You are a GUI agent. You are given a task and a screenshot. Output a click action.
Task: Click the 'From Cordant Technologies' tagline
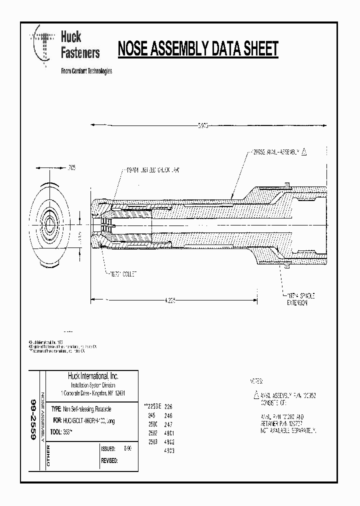point(86,71)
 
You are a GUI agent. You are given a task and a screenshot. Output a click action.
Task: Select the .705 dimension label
point(71,168)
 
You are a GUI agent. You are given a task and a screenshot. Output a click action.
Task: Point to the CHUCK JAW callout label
point(150,170)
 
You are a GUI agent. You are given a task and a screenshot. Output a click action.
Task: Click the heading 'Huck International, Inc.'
point(93,376)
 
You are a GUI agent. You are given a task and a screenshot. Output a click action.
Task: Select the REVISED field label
point(109,460)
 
